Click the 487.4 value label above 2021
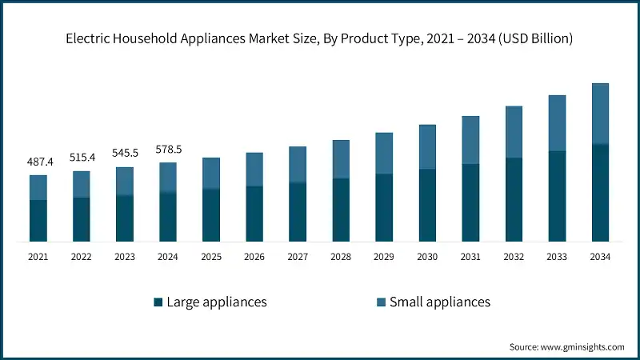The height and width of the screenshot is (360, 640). [38, 162]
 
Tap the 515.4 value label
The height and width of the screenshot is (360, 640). [82, 158]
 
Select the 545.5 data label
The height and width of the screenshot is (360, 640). [125, 154]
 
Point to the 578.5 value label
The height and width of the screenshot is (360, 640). [168, 149]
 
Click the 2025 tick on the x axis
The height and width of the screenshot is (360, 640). [211, 257]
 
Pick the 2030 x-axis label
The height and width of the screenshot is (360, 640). [427, 257]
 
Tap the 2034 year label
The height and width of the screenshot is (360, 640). [600, 257]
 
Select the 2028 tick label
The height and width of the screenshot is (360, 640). [341, 257]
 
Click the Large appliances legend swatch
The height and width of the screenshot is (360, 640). [158, 302]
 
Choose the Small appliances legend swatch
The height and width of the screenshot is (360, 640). [382, 302]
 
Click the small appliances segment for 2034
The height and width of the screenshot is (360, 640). [600, 114]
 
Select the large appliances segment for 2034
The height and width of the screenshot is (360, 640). [600, 193]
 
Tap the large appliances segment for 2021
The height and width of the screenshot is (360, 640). [38, 221]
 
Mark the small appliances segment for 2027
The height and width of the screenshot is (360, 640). [298, 165]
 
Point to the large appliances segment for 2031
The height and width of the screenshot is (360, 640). [470, 202]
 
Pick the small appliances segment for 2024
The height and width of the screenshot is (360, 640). [168, 178]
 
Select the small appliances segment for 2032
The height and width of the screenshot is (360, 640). [514, 132]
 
